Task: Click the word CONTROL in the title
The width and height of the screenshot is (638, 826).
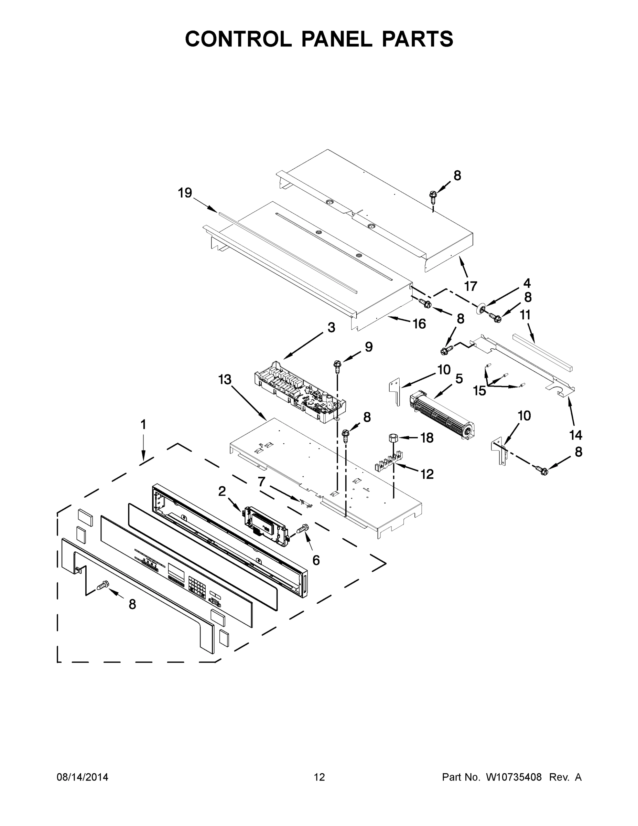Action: [238, 39]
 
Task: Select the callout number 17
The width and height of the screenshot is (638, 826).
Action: [471, 286]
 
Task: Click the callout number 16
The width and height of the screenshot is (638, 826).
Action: [420, 324]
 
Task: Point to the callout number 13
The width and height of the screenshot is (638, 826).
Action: [225, 379]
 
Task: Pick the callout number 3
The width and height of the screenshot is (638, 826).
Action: [331, 328]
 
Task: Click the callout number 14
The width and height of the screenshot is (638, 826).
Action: [576, 435]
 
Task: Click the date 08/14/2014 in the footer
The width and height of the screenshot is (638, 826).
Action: [83, 777]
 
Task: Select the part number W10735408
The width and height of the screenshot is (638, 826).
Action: [513, 777]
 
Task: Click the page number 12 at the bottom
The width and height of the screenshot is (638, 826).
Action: [319, 777]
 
